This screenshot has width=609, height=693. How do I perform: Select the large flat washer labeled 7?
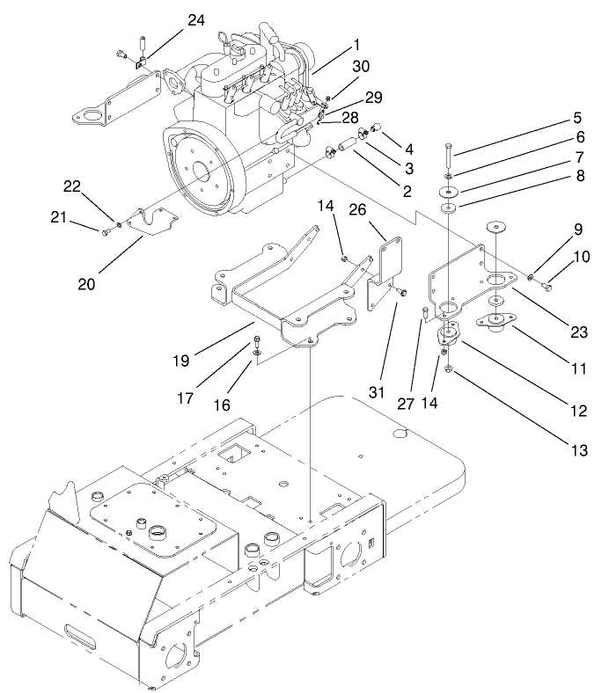[450, 191]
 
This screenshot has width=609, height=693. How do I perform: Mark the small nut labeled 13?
[448, 368]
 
